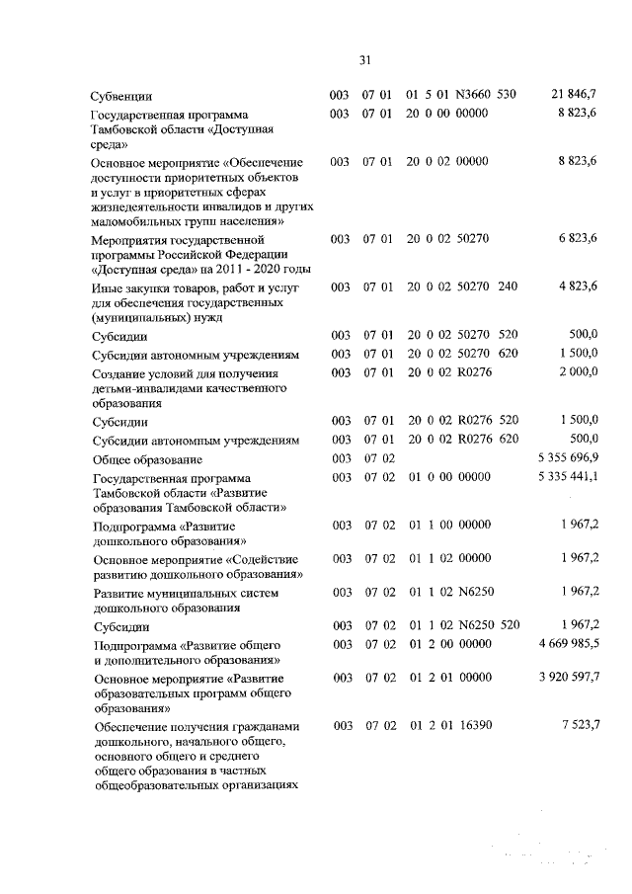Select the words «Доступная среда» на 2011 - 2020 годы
[200, 270]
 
